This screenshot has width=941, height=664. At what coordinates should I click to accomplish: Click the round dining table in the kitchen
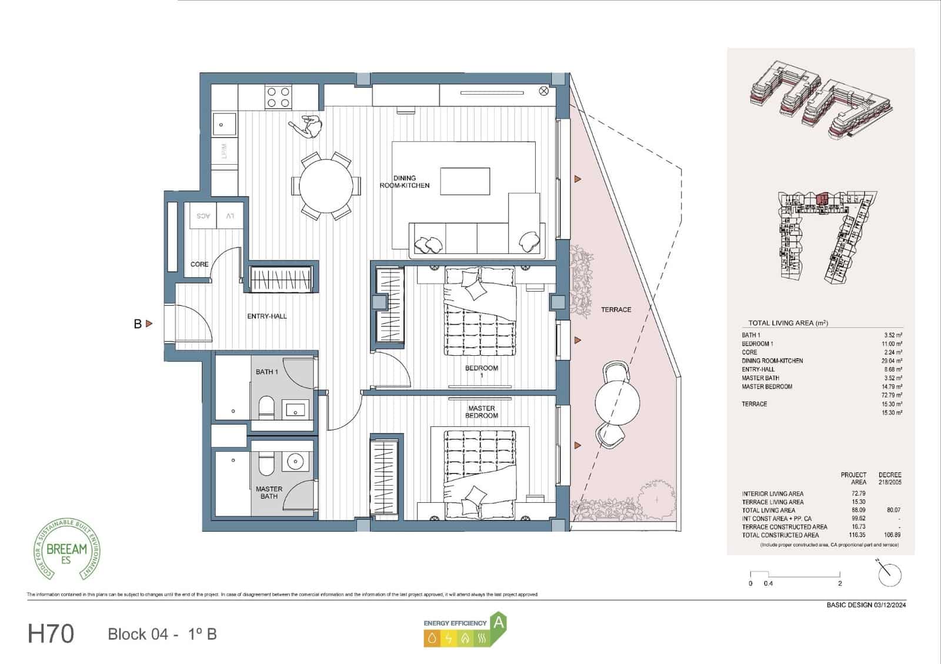click(x=326, y=185)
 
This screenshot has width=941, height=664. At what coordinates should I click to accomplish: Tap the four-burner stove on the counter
click(x=278, y=97)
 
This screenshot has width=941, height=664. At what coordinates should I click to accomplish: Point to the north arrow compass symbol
click(x=889, y=573)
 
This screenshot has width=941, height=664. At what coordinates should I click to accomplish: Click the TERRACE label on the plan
click(x=616, y=309)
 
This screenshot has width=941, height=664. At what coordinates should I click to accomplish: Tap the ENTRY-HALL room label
click(x=267, y=316)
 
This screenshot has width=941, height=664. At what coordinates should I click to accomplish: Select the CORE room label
click(x=199, y=265)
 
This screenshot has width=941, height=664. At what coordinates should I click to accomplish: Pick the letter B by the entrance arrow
click(x=138, y=323)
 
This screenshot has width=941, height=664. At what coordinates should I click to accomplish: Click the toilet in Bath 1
click(x=266, y=408)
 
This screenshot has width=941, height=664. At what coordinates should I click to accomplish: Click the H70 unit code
click(x=51, y=634)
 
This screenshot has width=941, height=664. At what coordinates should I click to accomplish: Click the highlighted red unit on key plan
click(x=823, y=198)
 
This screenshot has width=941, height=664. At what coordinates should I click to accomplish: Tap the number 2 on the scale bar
click(x=840, y=583)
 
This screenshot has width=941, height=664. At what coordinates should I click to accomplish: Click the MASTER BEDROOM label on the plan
click(x=482, y=412)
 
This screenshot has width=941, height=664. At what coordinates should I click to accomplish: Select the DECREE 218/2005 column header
click(x=889, y=478)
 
